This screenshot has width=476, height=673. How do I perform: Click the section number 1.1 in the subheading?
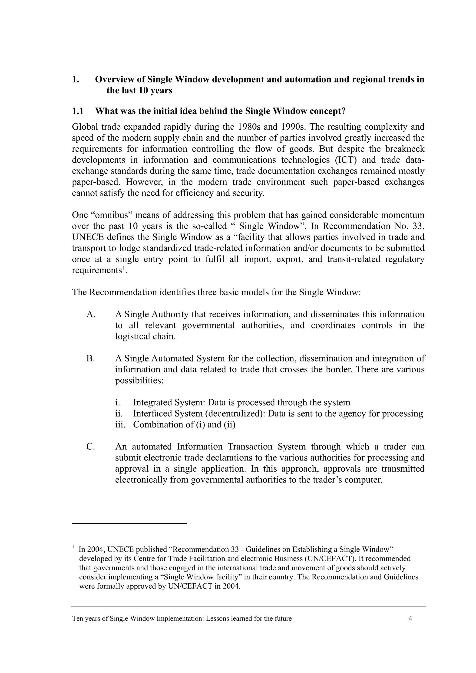tap(78, 111)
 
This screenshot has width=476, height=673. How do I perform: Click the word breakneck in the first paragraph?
tap(405, 149)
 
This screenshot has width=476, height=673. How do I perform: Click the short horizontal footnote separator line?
tap(129, 523)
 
